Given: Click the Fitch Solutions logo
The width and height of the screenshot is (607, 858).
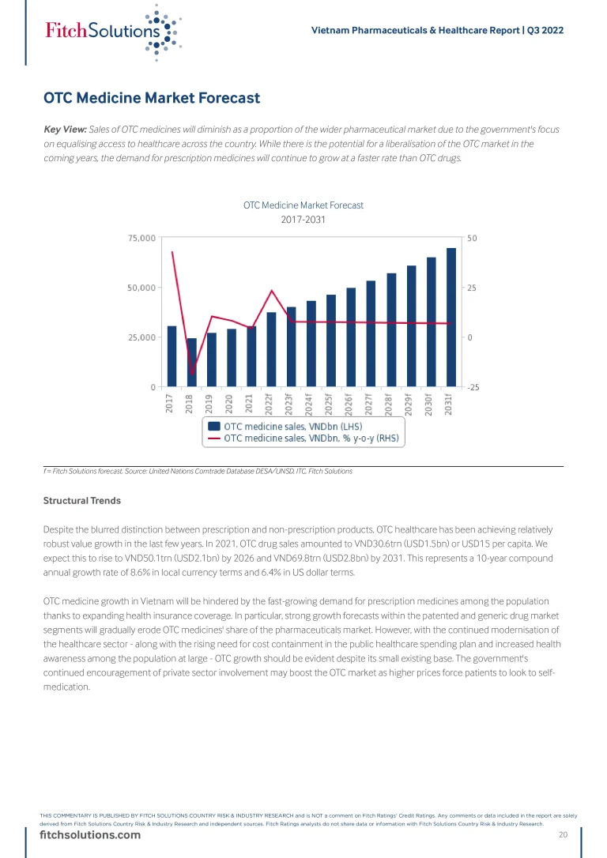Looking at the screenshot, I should point(111,31).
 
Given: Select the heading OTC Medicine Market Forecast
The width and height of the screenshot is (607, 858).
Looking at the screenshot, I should point(152,98).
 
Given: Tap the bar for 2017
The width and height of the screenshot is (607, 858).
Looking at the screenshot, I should point(172,356).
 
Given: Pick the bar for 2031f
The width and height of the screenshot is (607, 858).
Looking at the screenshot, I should point(451,318).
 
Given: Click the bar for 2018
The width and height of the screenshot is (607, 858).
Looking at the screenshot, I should point(191,363).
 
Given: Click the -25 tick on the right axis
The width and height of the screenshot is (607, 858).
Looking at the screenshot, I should point(472,387).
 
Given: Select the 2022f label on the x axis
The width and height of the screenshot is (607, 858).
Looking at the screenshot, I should point(270,405).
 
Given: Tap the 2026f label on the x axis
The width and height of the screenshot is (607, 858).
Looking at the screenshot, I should point(349,405).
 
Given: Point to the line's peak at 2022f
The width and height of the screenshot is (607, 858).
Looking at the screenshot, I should point(271,291).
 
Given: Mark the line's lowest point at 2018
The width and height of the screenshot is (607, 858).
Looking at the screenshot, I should point(191,374).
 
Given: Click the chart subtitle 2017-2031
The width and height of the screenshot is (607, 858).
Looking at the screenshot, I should point(303,220).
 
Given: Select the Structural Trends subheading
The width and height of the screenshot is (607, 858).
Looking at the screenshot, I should point(82,500).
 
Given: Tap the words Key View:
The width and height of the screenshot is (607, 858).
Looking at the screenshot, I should point(65,129).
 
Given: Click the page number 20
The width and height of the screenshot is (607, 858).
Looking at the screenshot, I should point(563,835).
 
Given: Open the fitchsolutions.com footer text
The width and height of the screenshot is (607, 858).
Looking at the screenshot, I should point(91,835).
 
